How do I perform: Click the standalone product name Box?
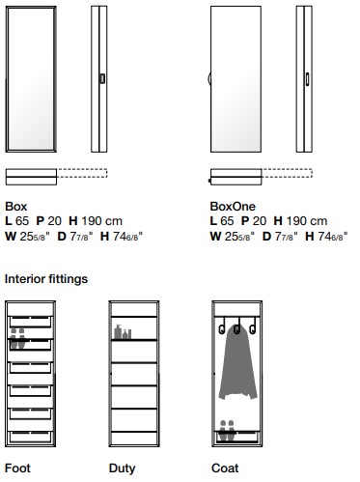coord(15,206)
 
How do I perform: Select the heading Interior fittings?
coord(45,279)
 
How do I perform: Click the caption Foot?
coord(16,468)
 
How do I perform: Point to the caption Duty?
coord(122,468)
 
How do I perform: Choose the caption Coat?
coord(225,468)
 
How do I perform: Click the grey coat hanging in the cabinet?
coord(236,362)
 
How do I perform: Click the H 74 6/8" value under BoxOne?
coord(328,235)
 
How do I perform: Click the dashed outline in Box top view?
coord(82,176)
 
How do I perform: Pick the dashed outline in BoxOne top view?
coord(287,176)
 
